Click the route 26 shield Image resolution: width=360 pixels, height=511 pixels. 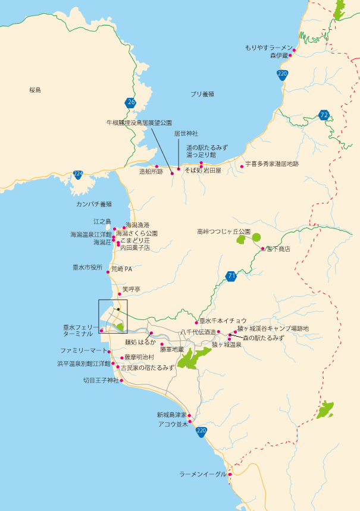(x=131, y=103)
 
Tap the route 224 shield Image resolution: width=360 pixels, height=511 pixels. (x=78, y=174)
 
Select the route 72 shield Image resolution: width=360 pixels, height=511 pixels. (x=324, y=115)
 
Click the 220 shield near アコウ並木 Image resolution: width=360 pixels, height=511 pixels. (x=202, y=431)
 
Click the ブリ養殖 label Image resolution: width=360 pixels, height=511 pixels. (x=202, y=95)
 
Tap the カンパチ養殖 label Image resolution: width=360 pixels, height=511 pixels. (x=94, y=204)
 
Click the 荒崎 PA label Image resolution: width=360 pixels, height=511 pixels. (x=121, y=269)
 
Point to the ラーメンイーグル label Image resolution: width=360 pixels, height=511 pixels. (x=203, y=474)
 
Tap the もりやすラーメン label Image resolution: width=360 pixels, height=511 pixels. (x=269, y=47)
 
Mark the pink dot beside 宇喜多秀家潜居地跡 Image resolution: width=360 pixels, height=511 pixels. (x=242, y=166)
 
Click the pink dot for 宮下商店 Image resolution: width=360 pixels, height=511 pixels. (x=262, y=249)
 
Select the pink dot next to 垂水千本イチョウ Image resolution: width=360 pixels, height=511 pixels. (x=196, y=323)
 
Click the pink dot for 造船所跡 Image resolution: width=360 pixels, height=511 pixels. (x=156, y=167)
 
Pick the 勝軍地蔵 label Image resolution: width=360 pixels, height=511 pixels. (x=171, y=350)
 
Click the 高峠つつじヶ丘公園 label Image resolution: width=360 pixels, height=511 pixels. (x=224, y=231)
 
